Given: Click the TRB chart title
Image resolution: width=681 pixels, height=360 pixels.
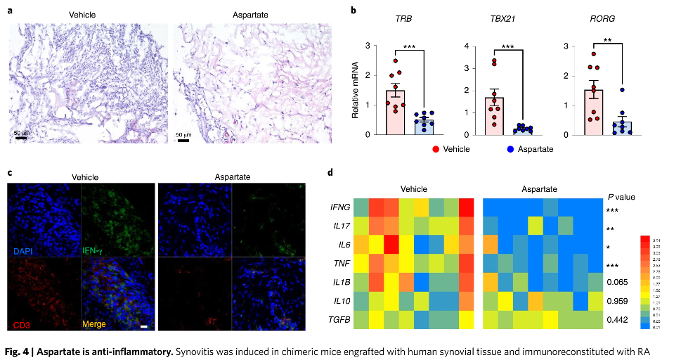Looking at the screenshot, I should tap(404, 18).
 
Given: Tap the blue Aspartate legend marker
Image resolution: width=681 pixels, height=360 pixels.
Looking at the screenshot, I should tap(512, 148).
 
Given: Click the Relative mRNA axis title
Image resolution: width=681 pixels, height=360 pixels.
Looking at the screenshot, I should tap(356, 89).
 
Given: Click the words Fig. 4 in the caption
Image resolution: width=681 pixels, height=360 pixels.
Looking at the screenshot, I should tap(20, 349).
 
